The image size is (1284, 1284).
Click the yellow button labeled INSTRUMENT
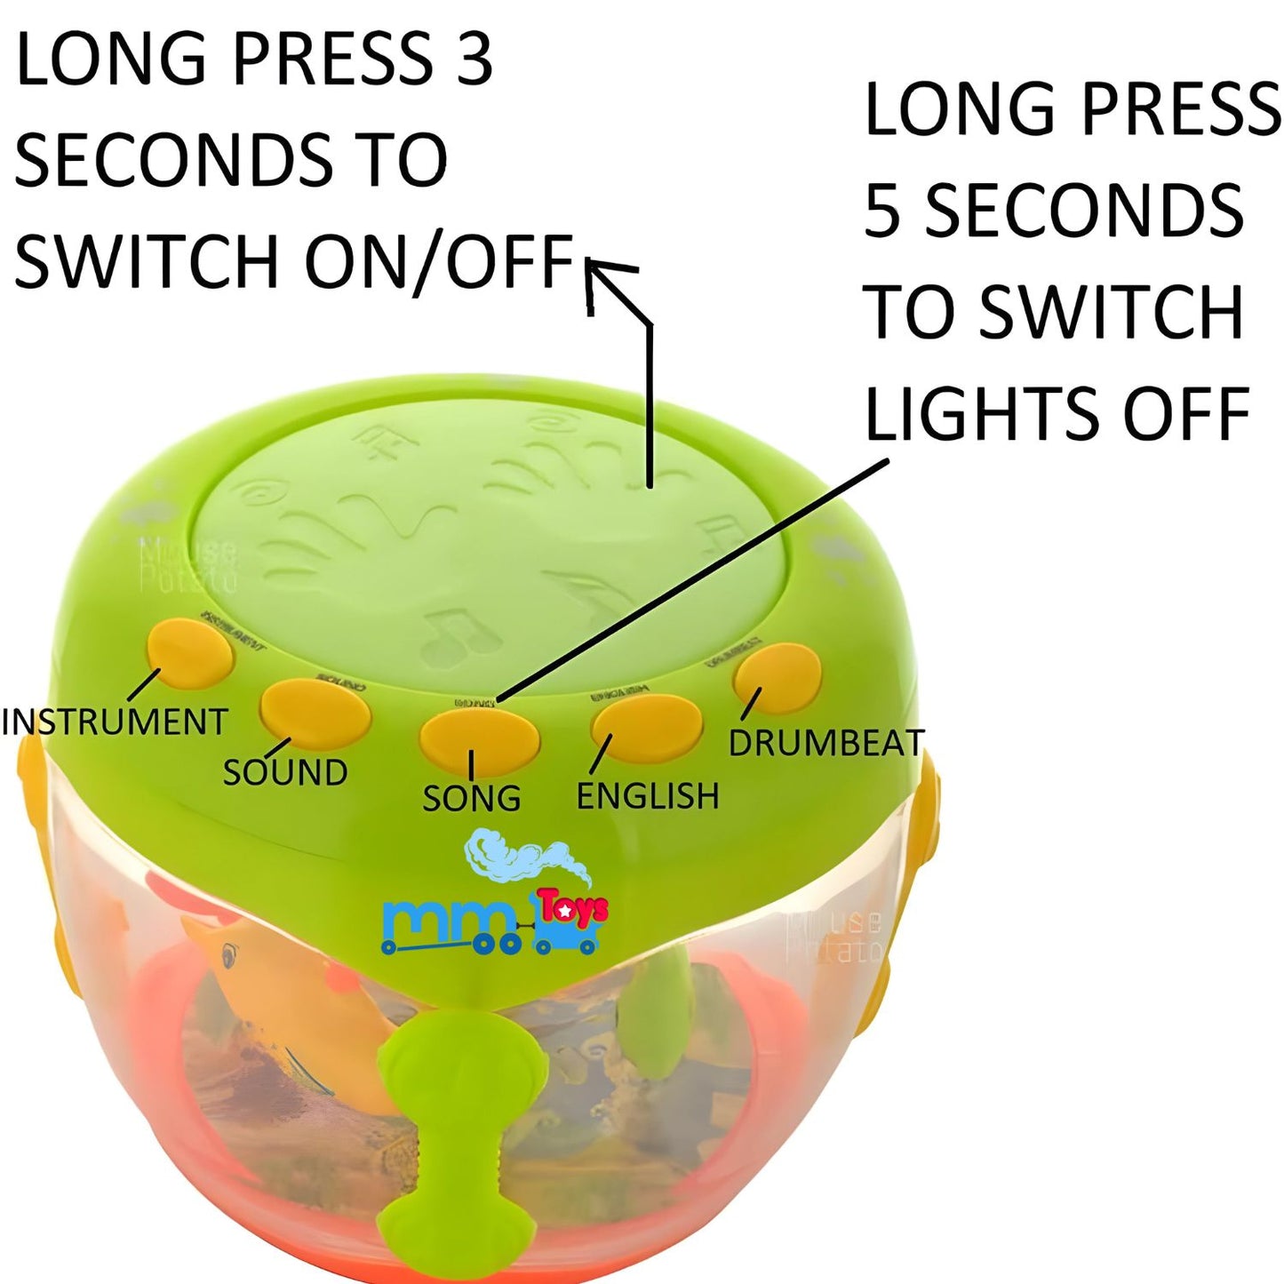(189, 654)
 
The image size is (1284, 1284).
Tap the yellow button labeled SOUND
(315, 714)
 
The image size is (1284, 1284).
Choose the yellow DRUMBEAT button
(778, 677)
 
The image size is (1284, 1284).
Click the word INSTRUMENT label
(116, 722)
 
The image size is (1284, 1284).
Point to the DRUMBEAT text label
(826, 743)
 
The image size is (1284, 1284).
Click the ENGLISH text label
(648, 796)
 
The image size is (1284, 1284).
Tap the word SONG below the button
(471, 799)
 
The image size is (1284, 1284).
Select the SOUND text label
(284, 772)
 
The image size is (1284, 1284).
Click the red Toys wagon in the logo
(571, 922)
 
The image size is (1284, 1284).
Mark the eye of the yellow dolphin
(229, 957)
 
